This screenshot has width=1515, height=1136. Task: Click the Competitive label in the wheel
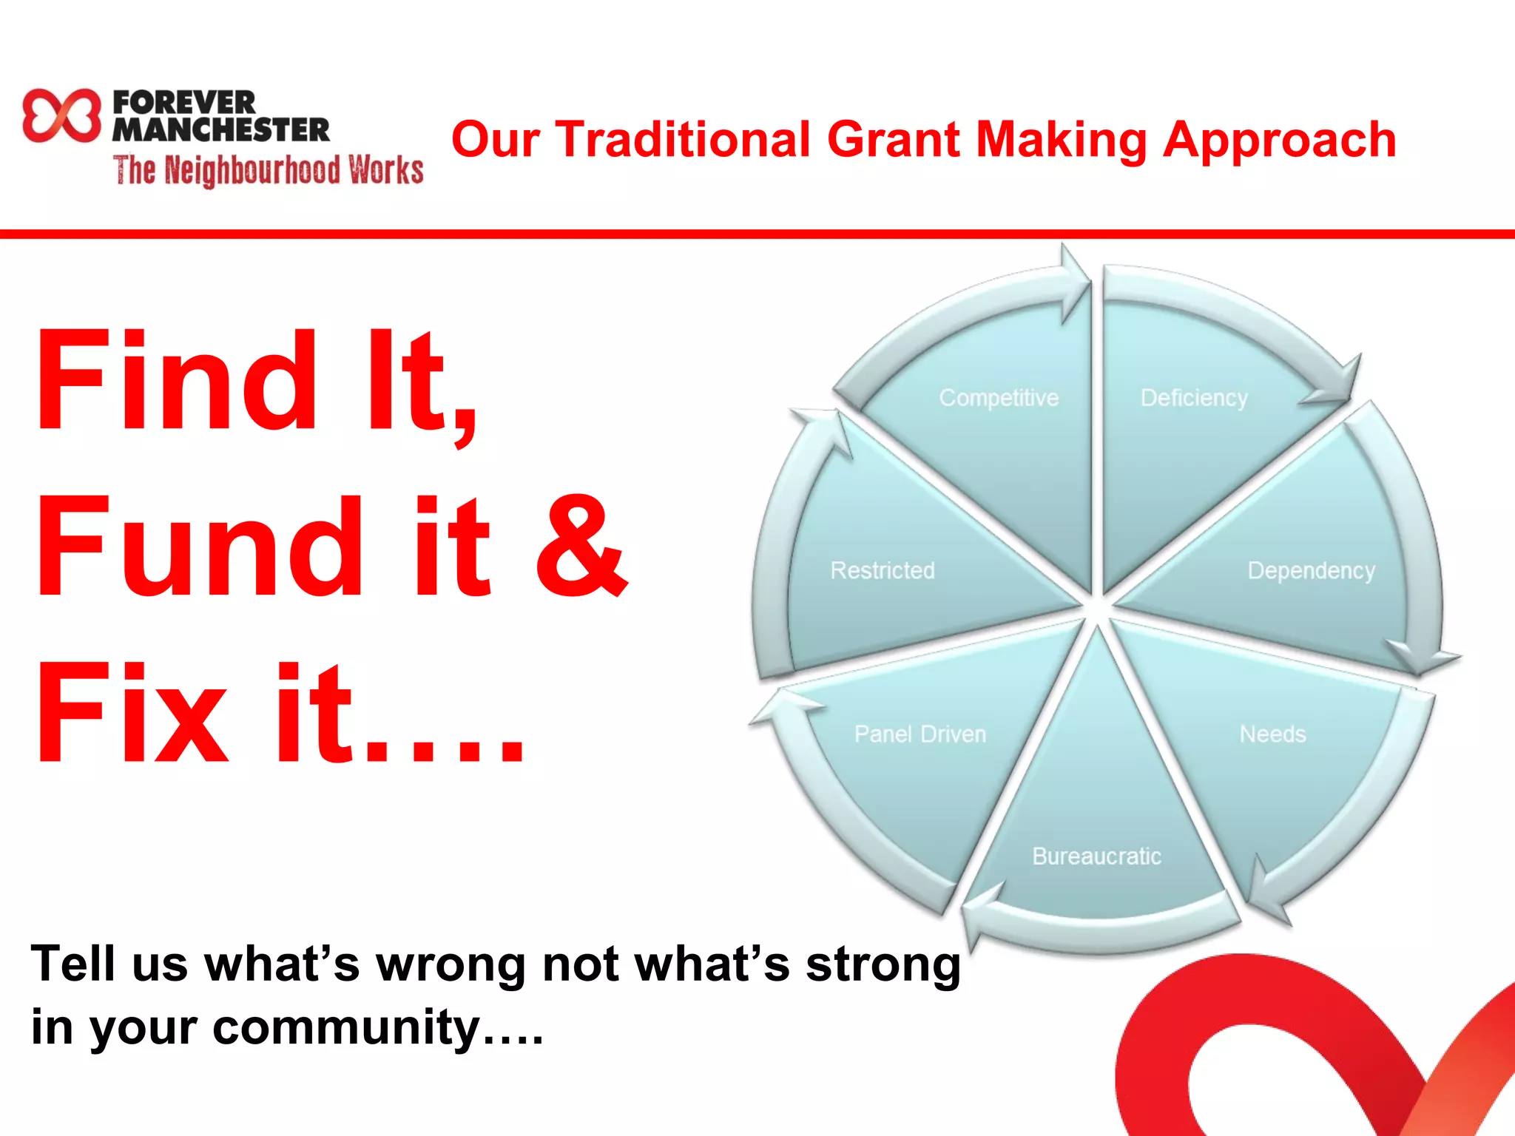point(999,398)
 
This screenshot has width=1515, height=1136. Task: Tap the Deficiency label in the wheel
point(1194,398)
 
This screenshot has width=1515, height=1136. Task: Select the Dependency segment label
point(1311,570)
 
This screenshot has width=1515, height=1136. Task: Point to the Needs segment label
point(1272,734)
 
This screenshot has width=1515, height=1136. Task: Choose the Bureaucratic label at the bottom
point(1096,856)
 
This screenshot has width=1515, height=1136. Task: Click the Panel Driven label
point(920,734)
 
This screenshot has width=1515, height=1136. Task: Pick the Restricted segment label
point(883,570)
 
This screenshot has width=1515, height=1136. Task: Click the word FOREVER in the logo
point(184,101)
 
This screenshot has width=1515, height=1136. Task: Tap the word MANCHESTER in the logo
point(220,130)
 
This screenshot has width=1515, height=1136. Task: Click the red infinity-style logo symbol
point(61,115)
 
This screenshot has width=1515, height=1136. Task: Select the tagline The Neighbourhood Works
point(268,170)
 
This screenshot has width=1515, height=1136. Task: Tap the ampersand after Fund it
point(581,546)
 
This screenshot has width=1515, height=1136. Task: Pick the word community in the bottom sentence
point(348,1027)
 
